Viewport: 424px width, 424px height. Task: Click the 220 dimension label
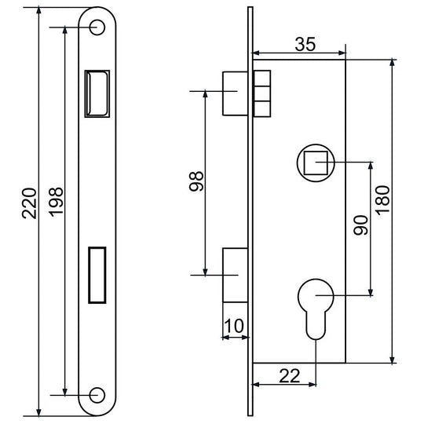(x=29, y=203)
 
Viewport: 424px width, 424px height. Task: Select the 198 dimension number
(x=56, y=202)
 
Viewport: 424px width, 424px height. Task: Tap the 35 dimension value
(x=305, y=44)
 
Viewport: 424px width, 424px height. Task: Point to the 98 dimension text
(x=196, y=181)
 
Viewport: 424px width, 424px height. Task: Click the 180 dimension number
(x=383, y=201)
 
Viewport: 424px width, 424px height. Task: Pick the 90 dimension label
(x=360, y=225)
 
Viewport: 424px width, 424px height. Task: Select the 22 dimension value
(x=290, y=376)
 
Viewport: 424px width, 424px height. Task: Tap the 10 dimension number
(x=234, y=326)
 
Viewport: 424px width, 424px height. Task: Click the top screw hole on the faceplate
(x=97, y=27)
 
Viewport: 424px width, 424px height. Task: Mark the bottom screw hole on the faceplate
(x=97, y=395)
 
